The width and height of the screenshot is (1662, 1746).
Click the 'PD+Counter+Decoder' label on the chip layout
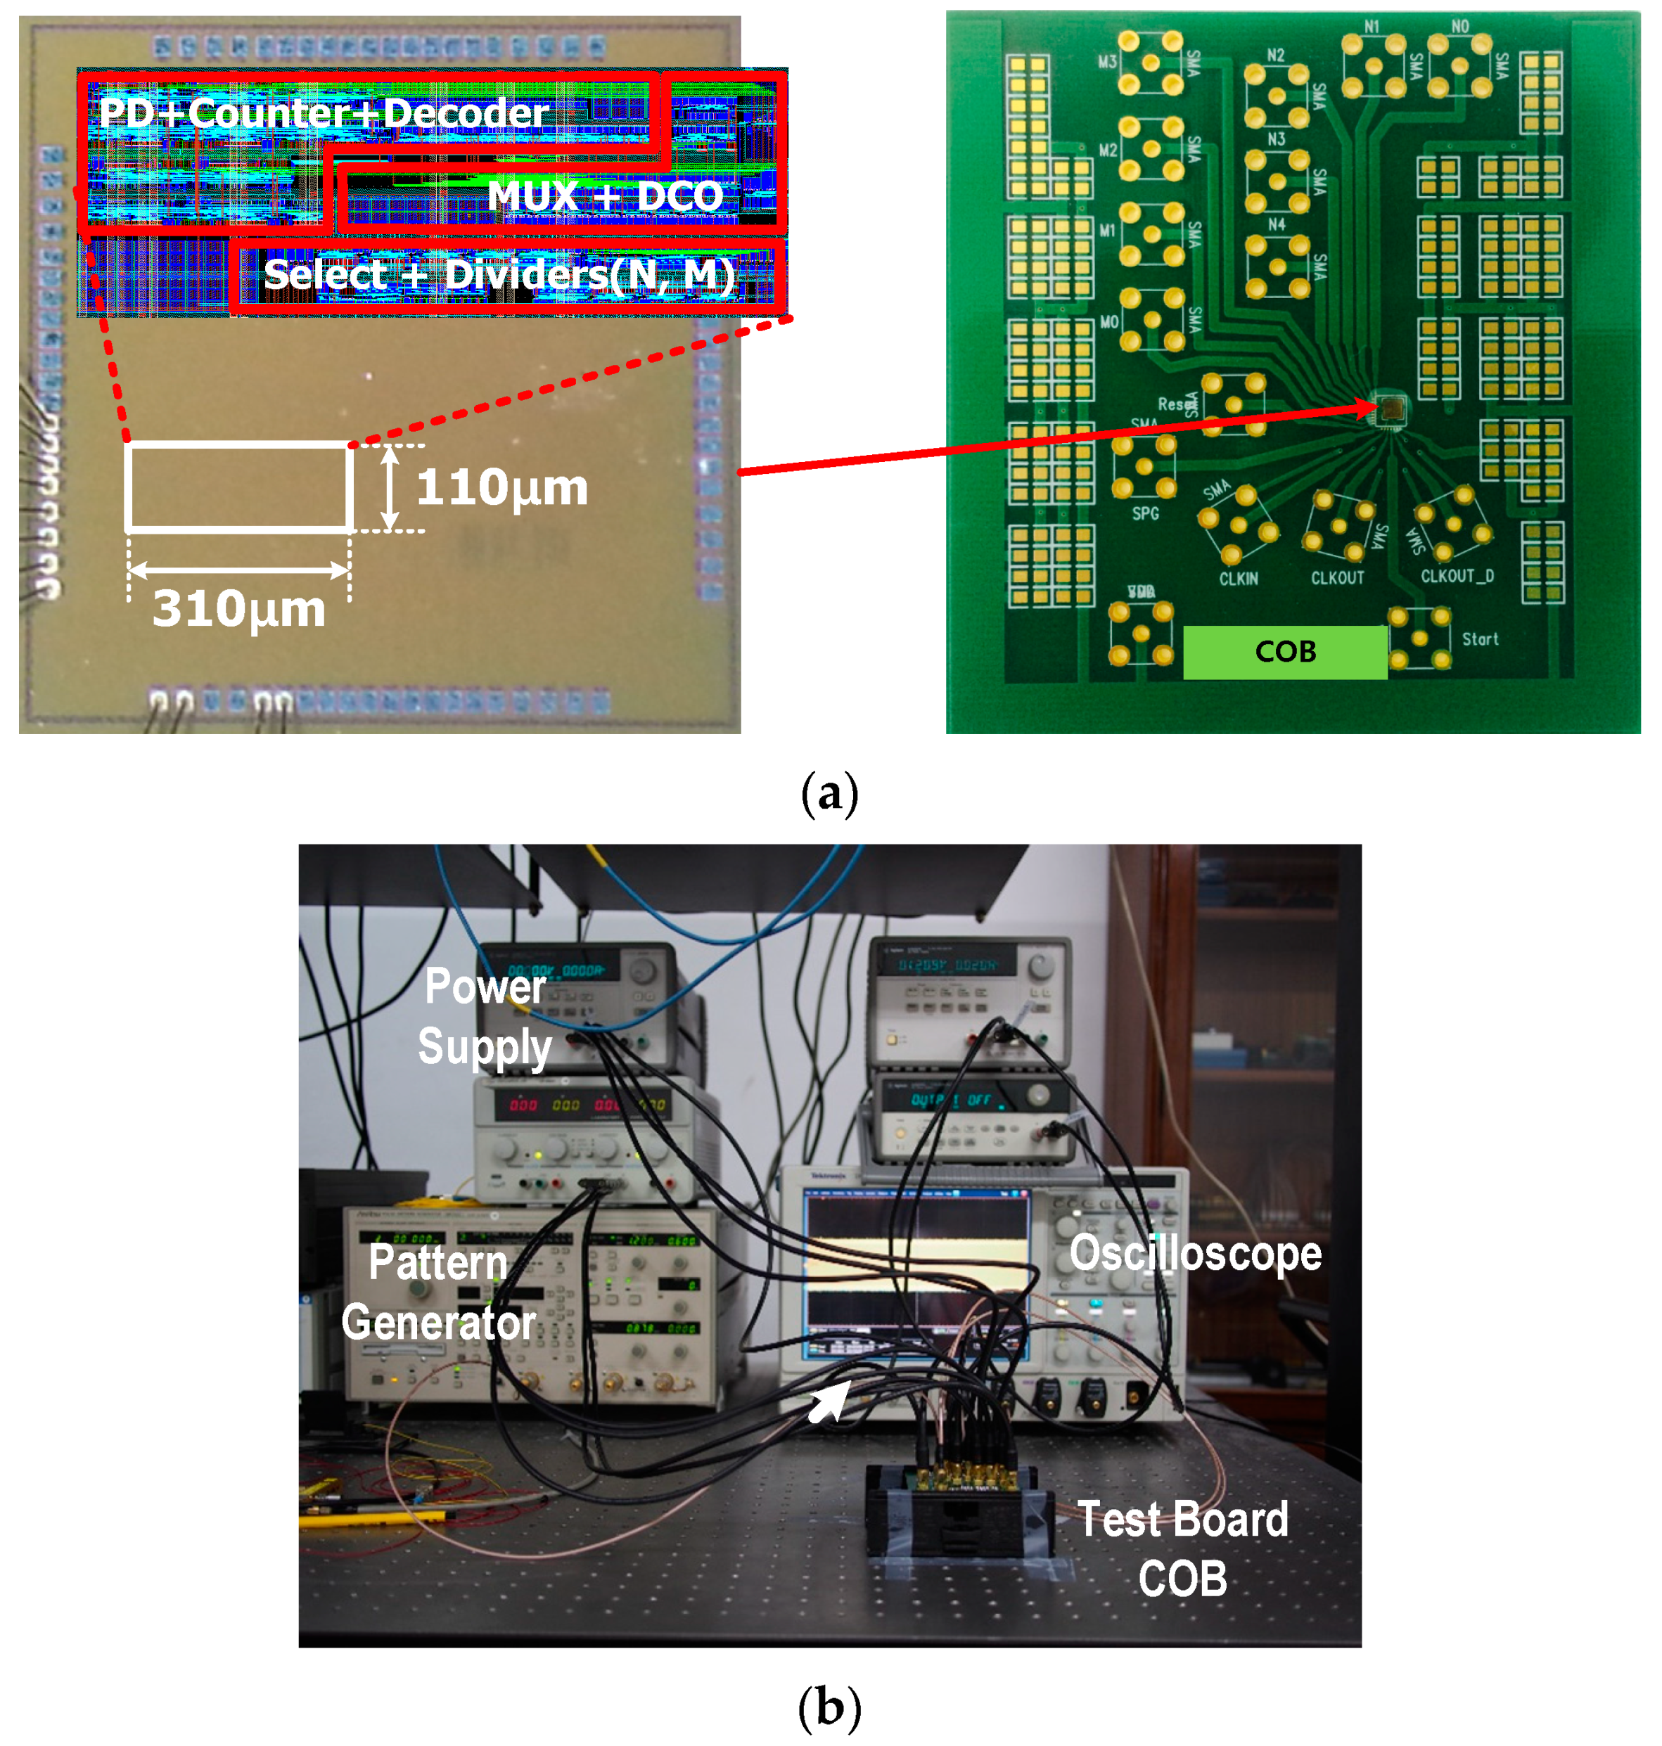point(324,113)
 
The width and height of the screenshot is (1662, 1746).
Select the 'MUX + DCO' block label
point(605,195)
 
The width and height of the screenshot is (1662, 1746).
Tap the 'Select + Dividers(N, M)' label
point(499,275)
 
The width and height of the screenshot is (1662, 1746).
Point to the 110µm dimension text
point(501,487)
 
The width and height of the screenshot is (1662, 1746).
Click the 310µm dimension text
point(239,610)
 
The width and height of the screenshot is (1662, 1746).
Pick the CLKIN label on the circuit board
point(1238,579)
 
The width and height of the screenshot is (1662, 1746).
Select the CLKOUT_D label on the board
point(1457,576)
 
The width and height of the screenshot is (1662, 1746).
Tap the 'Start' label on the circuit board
point(1480,638)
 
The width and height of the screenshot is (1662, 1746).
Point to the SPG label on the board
point(1144,513)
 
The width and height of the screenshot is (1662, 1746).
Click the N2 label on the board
point(1275,55)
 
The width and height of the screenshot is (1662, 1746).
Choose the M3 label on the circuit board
point(1107,61)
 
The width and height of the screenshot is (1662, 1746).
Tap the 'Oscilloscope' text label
point(1195,1254)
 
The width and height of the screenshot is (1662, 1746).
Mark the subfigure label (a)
point(829,792)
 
